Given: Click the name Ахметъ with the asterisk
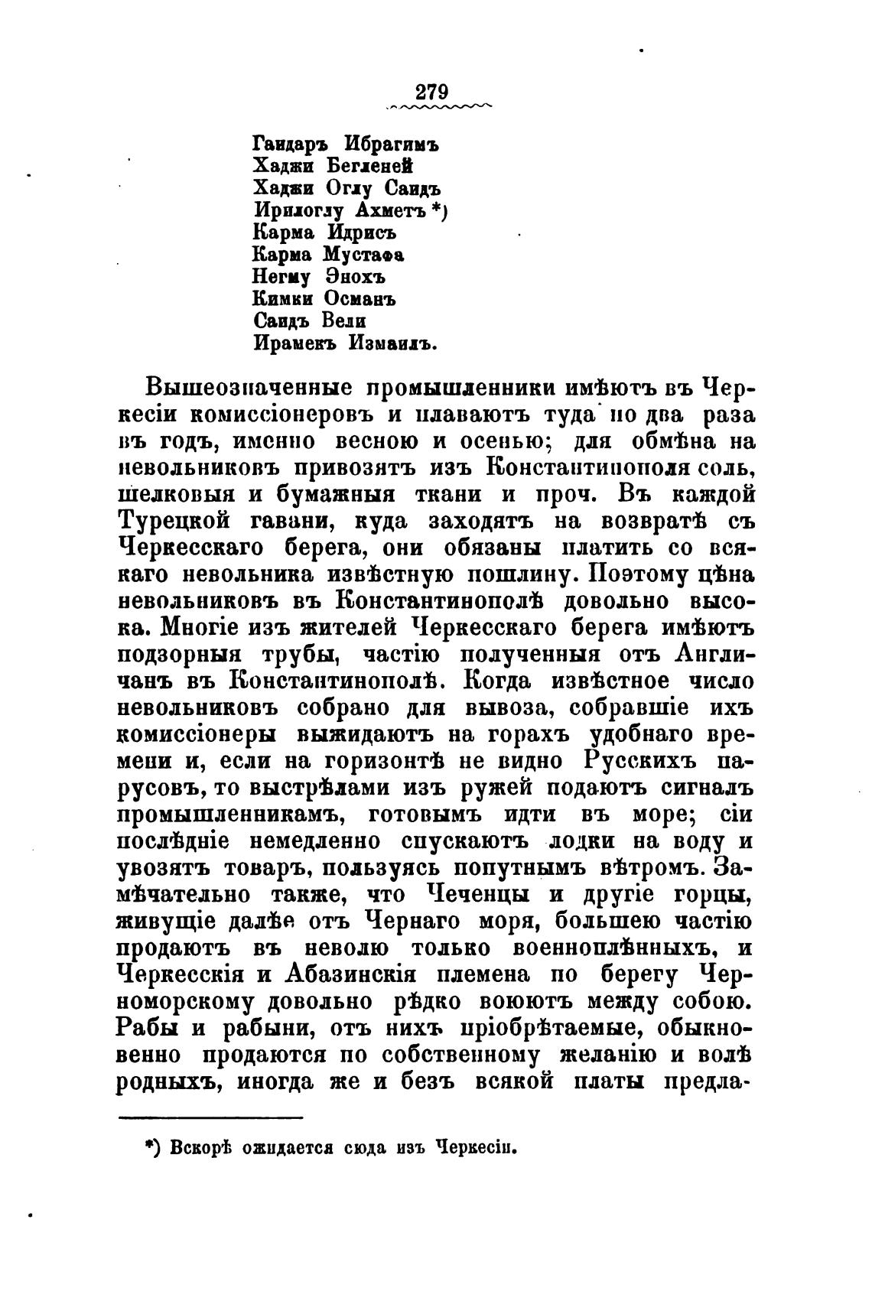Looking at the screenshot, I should click(x=389, y=210).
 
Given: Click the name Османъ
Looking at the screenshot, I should click(x=360, y=298).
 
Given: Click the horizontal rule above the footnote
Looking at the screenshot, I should click(x=211, y=1117).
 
